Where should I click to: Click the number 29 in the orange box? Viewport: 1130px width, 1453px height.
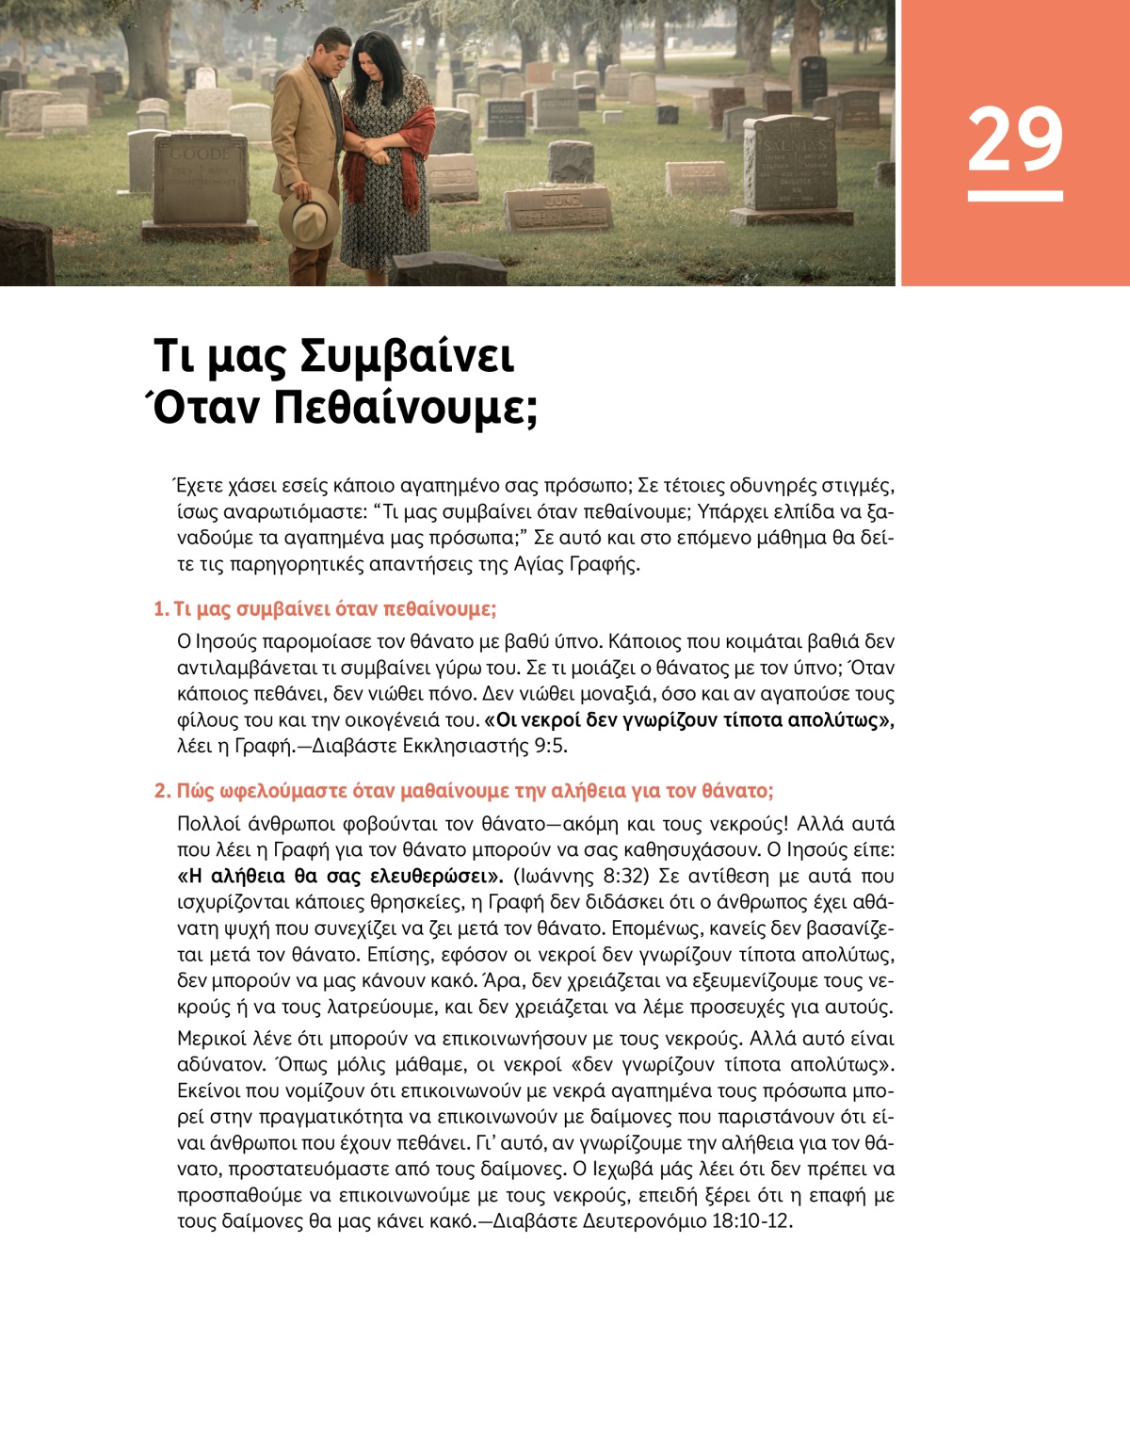pos(1014,139)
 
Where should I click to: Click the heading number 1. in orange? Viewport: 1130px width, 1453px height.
pos(161,609)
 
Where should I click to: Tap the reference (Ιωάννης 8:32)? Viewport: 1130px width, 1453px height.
pos(581,876)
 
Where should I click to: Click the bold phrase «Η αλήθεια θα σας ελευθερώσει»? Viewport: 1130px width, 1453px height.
pos(340,876)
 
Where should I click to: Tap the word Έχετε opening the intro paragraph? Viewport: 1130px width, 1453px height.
pos(199,486)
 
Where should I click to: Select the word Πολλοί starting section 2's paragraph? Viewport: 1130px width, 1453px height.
pos(206,824)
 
